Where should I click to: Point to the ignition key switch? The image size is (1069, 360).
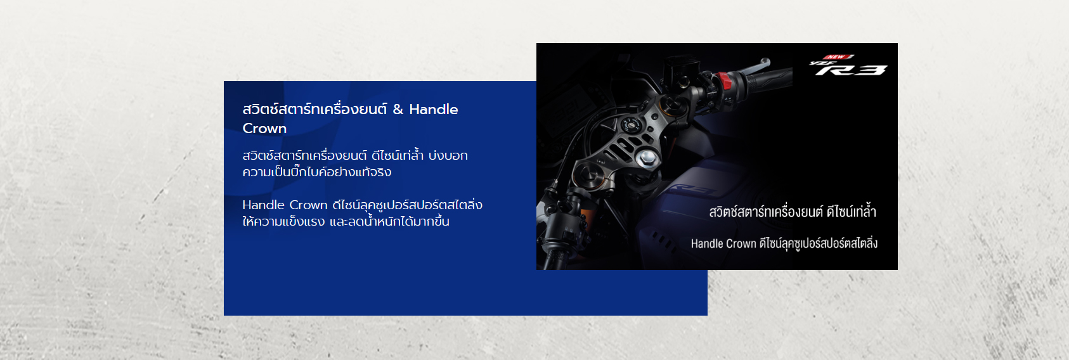[x=628, y=125]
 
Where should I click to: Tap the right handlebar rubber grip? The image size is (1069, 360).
[x=767, y=79]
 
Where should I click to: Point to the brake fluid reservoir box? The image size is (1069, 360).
[x=680, y=67]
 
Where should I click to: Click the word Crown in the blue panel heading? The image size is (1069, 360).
[x=264, y=129]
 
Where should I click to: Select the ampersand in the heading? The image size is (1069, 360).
[x=398, y=110]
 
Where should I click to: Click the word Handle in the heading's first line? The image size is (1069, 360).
[x=433, y=110]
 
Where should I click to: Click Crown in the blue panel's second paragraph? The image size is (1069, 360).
[x=308, y=205]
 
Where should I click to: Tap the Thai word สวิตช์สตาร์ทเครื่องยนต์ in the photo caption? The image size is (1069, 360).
[x=765, y=211]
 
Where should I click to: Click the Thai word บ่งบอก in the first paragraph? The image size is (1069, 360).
[x=448, y=155]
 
